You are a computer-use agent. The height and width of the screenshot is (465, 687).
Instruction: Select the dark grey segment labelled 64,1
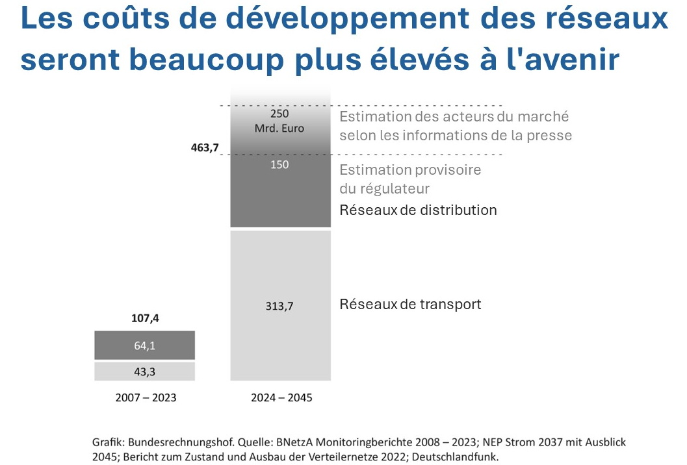click(x=144, y=346)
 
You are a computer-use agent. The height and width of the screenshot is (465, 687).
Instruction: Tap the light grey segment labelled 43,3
click(x=144, y=371)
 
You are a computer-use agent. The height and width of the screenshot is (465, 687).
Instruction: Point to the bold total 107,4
click(x=144, y=319)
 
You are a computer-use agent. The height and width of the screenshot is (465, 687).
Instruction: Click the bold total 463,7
click(x=204, y=147)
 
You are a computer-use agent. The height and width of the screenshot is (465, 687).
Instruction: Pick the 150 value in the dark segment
click(x=280, y=165)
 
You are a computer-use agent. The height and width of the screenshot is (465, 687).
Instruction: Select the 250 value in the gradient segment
click(x=280, y=113)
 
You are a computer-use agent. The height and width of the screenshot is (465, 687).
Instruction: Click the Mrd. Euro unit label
click(x=280, y=127)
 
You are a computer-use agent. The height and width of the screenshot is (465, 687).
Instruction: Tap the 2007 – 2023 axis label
click(x=145, y=397)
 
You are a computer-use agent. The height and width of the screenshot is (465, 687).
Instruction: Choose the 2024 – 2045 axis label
click(x=281, y=397)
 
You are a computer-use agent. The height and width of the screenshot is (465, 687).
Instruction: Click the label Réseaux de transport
click(x=410, y=304)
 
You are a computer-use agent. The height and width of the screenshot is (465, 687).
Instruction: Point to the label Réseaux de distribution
click(x=418, y=210)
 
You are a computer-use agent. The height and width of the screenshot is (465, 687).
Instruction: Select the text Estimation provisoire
click(x=410, y=170)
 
